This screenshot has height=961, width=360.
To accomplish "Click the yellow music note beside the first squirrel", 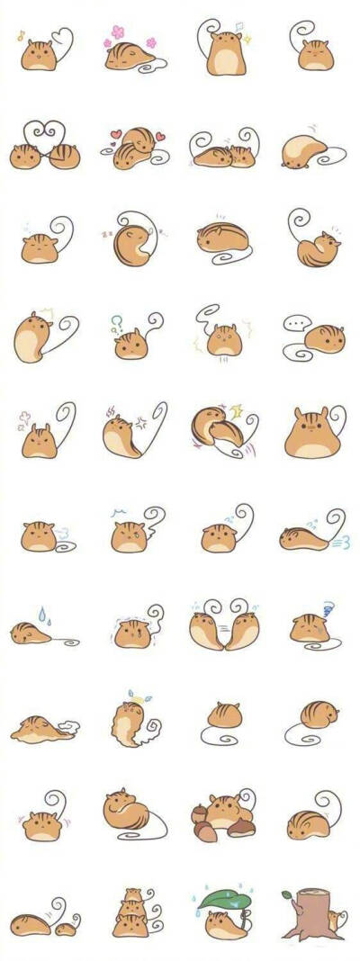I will pyautogui.click(x=21, y=36).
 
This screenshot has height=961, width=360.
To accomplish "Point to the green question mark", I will pyautogui.click(x=116, y=319).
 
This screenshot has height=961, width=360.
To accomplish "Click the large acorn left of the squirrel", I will pyautogui.click(x=202, y=822).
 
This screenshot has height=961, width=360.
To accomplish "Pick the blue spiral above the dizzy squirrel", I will pyautogui.click(x=328, y=608).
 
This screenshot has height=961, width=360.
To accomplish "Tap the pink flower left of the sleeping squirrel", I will pyautogui.click(x=116, y=33).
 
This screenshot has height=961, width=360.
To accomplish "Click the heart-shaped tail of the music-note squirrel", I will pyautogui.click(x=61, y=40).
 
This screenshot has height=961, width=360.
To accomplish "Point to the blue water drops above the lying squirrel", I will pyautogui.click(x=40, y=613).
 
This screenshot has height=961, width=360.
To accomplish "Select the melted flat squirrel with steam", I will pyautogui.click(x=40, y=730).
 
